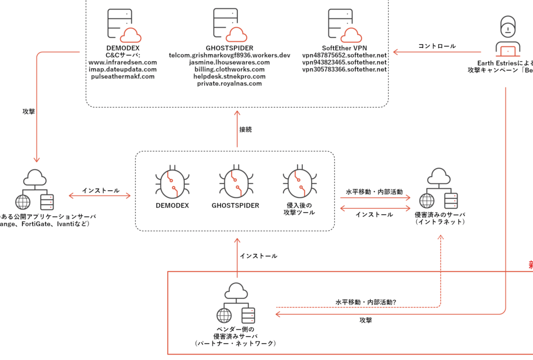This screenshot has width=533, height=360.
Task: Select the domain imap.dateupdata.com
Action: coord(123,69)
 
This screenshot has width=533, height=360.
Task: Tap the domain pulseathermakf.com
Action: coord(123,77)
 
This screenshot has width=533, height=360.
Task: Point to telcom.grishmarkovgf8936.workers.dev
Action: coord(229,55)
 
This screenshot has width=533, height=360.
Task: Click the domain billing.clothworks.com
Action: coord(229,69)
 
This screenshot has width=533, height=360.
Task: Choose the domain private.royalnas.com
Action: coord(229,83)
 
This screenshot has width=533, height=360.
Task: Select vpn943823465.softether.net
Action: coord(345,63)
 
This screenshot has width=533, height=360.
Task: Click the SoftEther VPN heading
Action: coord(345,48)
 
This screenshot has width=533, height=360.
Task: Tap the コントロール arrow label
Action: coord(437,46)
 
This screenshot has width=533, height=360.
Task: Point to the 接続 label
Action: coord(245,129)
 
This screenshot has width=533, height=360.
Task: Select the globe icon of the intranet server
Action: coord(427,200)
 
